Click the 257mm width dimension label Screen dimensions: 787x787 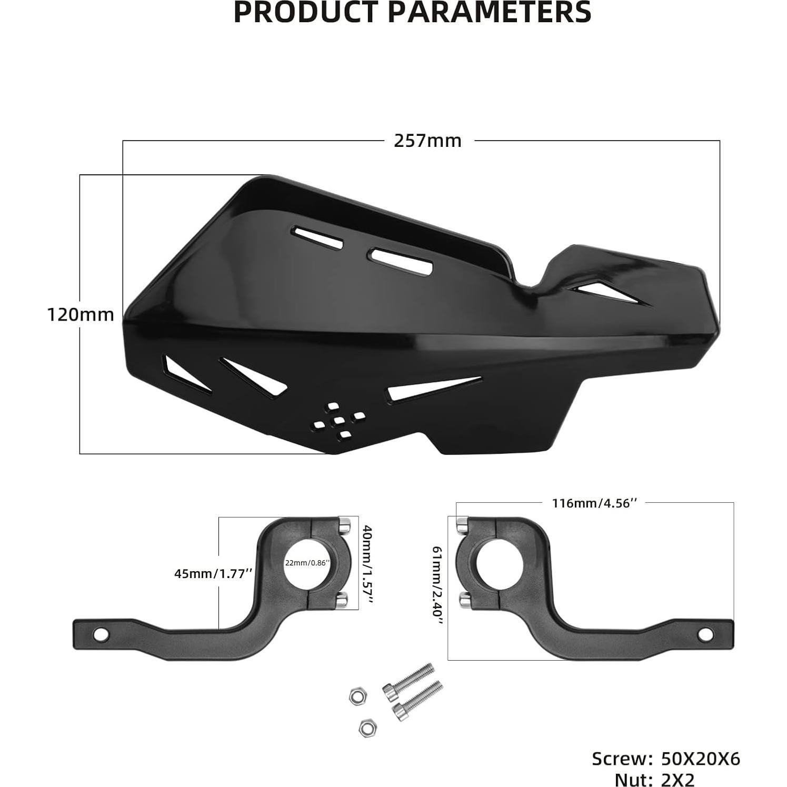click(x=427, y=141)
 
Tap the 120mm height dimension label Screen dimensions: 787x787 click(x=81, y=315)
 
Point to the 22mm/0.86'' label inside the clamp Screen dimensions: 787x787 click(x=307, y=562)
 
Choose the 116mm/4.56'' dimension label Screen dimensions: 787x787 click(x=594, y=503)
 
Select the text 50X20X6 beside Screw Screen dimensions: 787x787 click(x=700, y=759)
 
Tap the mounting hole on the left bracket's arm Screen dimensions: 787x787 click(x=99, y=634)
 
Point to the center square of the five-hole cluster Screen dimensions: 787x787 click(x=340, y=420)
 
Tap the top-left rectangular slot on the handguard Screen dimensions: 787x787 click(x=319, y=238)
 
